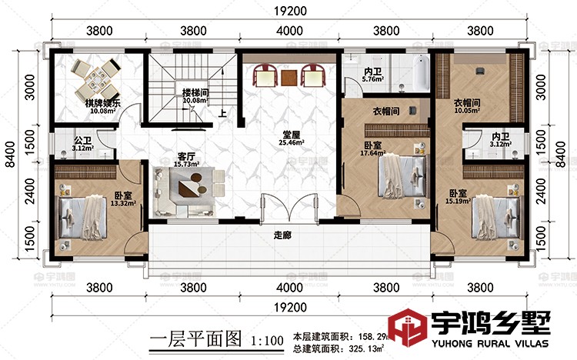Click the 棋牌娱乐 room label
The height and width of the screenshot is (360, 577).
(100, 102)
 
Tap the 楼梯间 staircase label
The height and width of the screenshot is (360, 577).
(195, 91)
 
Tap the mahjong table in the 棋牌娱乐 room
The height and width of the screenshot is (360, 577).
(97, 74)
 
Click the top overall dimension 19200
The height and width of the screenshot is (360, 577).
(288, 11)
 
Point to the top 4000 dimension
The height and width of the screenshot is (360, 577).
(288, 32)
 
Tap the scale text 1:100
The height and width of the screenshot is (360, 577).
(266, 339)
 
